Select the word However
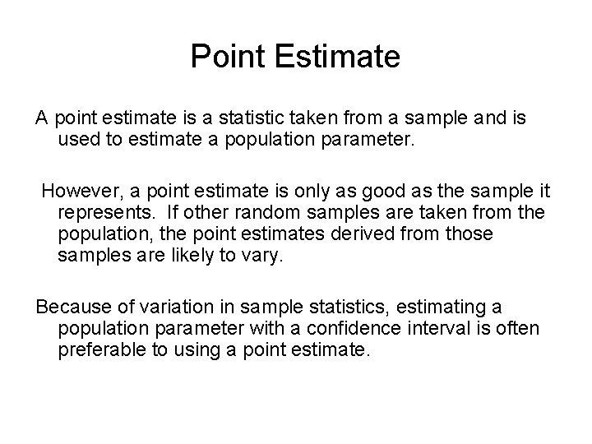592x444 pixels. (78, 191)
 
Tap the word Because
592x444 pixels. (72, 308)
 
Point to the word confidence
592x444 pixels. (355, 329)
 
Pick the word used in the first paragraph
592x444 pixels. (78, 138)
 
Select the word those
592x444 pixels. (470, 234)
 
